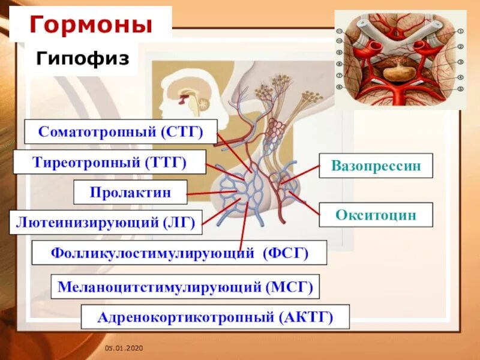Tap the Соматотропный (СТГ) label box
pyautogui.click(x=121, y=131)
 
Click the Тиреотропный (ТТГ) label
pyautogui.click(x=109, y=162)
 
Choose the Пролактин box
pyautogui.click(x=130, y=192)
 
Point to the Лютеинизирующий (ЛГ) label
pyautogui.click(x=106, y=222)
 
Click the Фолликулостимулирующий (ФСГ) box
pyautogui.click(x=179, y=253)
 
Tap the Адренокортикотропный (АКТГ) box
pyautogui.click(x=215, y=316)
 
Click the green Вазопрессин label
pyautogui.click(x=376, y=166)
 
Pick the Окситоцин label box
pyautogui.click(x=376, y=215)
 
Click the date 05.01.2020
pyautogui.click(x=122, y=349)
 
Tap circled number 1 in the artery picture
pyautogui.click(x=461, y=31)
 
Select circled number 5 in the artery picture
pyautogui.click(x=461, y=88)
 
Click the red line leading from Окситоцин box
pyautogui.click(x=307, y=201)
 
